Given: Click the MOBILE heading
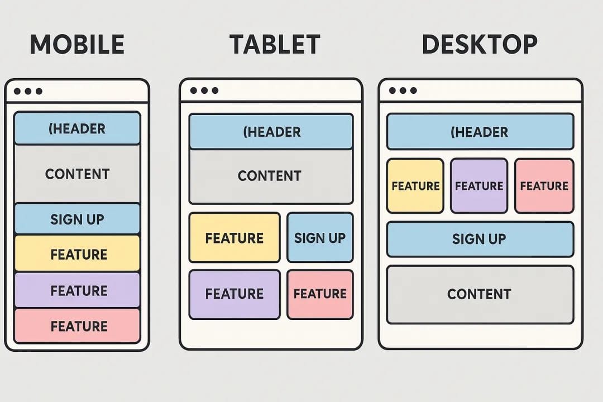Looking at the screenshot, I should tap(77, 45).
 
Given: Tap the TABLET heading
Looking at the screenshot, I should tap(275, 45).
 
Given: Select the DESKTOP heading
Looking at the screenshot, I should tap(480, 45).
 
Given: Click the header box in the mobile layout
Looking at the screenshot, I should tap(77, 128).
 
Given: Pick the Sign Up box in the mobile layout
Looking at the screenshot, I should tap(77, 219).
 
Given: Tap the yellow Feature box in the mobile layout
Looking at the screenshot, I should tap(77, 254).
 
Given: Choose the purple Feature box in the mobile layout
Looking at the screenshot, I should tap(77, 290).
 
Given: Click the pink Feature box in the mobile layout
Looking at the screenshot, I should tap(77, 326).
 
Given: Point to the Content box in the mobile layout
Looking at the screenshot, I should tap(77, 174).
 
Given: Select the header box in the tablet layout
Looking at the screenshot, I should tap(271, 132).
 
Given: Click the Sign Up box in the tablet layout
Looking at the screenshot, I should tap(320, 238).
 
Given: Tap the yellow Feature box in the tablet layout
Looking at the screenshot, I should tap(234, 238).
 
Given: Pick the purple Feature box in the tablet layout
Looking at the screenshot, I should tap(234, 294).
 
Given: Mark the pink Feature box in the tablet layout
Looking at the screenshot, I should tap(320, 294).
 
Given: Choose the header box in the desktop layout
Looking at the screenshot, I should tap(480, 132).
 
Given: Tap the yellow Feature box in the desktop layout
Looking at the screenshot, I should tap(415, 186).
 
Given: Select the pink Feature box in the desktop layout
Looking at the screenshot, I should tap(544, 186).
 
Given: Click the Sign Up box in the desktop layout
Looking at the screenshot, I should tap(480, 239).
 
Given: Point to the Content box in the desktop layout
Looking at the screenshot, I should tap(480, 294).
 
